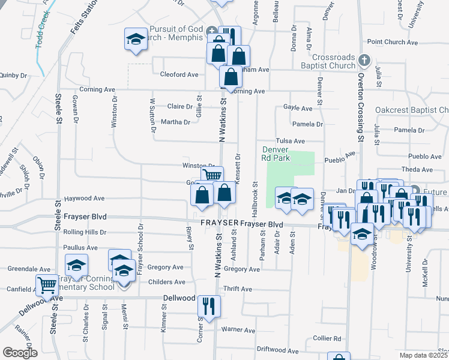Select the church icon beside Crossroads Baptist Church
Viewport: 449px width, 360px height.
364,60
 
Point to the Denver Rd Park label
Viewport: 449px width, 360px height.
276,154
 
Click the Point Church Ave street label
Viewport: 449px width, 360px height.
393,42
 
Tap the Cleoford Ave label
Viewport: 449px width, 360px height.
179,75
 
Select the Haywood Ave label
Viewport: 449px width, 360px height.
85,198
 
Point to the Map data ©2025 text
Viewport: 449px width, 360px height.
424,355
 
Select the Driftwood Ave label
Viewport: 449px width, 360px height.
278,350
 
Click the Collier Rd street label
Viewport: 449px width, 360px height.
328,338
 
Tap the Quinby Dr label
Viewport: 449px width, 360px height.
13,76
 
